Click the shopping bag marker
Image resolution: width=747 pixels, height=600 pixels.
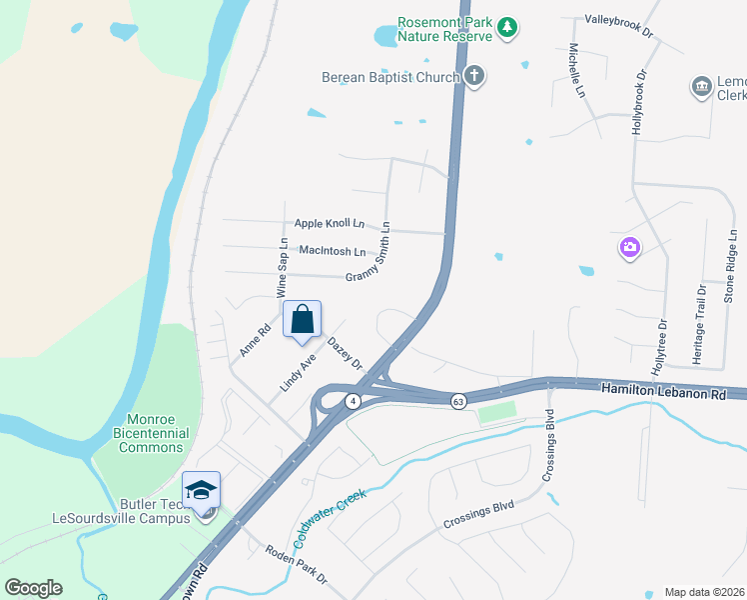coord(303,320)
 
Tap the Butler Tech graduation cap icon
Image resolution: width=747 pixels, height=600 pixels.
coord(201,489)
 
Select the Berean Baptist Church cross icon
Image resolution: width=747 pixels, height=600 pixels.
coord(474,76)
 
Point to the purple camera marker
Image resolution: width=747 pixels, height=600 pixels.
coord(629,247)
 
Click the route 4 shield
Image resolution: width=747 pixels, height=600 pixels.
coord(353,401)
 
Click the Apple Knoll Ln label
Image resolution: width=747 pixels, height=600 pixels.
coord(329,224)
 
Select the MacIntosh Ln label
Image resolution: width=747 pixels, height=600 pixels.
coord(332,252)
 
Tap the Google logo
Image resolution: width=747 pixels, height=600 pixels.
coord(33,588)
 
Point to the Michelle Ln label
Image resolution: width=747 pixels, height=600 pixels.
coord(577,70)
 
